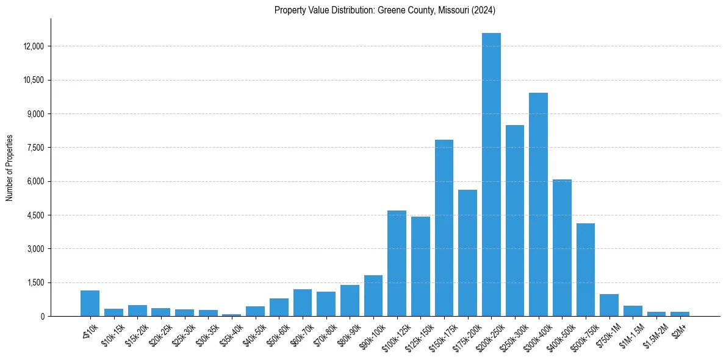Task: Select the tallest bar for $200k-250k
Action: click(x=491, y=175)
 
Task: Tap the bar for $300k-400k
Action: click(x=538, y=204)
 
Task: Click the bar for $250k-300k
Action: click(x=515, y=220)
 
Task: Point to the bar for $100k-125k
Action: click(x=397, y=263)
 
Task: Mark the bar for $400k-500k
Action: click(x=562, y=248)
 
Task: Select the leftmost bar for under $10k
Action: click(x=90, y=303)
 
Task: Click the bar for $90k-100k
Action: click(x=373, y=295)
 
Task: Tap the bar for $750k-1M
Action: click(x=609, y=305)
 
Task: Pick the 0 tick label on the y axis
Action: click(x=42, y=316)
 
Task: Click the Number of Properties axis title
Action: click(x=10, y=168)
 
